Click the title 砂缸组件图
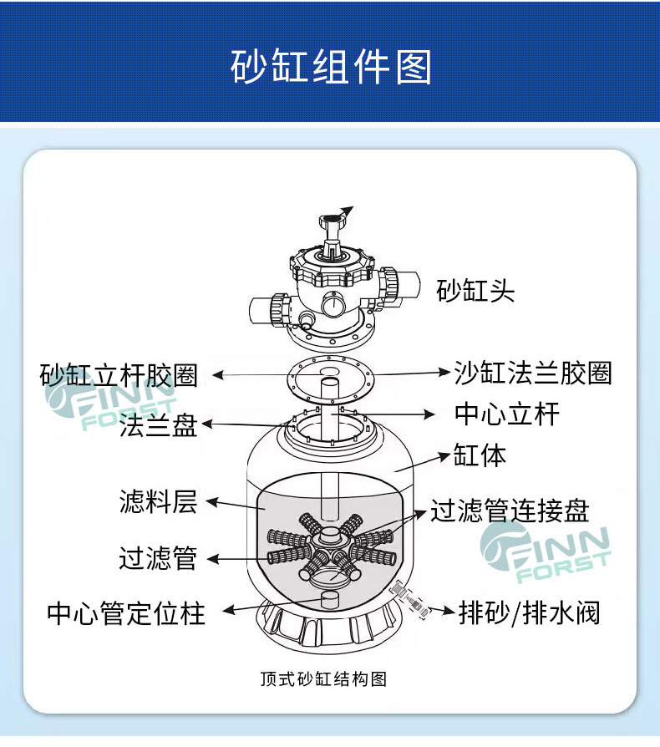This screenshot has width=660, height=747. click(330, 66)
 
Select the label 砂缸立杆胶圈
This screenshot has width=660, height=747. click(119, 374)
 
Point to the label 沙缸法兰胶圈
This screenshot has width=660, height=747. click(532, 372)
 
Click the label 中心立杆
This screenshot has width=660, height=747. click(506, 414)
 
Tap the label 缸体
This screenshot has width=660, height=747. click(480, 455)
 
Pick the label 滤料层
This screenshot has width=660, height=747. click(158, 502)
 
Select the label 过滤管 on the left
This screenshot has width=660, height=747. click(158, 557)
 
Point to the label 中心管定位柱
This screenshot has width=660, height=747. click(125, 613)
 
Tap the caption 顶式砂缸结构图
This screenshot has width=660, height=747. click(323, 678)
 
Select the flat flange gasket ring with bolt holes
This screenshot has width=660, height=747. click(329, 379)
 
